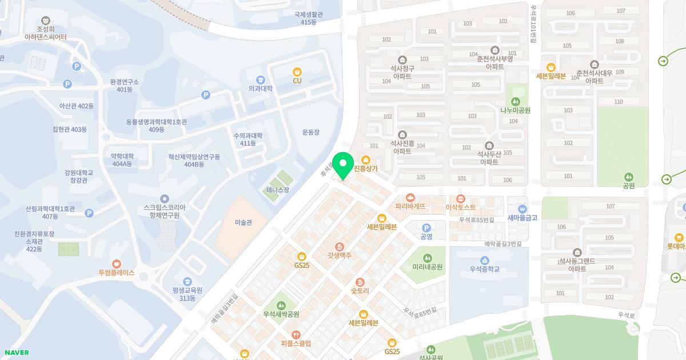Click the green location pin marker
pyautogui.click(x=343, y=165)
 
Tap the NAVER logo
pyautogui.click(x=17, y=353)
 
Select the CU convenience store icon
pyautogui.click(x=297, y=72)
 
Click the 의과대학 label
pyautogui.click(x=261, y=89)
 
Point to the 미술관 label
pyautogui.click(x=244, y=222)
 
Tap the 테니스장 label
pyautogui.click(x=278, y=190)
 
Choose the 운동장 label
pyautogui.click(x=311, y=133)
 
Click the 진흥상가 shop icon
pyautogui.click(x=366, y=159)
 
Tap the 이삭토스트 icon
pyautogui.click(x=460, y=198)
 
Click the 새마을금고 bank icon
pyautogui.click(x=522, y=209)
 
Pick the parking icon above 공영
pyautogui.click(x=426, y=227)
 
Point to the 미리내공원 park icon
pyautogui.click(x=428, y=258)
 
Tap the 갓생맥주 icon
pyautogui.click(x=340, y=246)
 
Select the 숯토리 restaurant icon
pyautogui.click(x=360, y=282)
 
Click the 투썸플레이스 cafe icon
pyautogui.click(x=117, y=263)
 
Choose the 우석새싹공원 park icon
pyautogui.click(x=281, y=305)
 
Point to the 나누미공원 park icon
pyautogui.click(x=516, y=101)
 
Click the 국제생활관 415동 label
pyautogui.click(x=309, y=18)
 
